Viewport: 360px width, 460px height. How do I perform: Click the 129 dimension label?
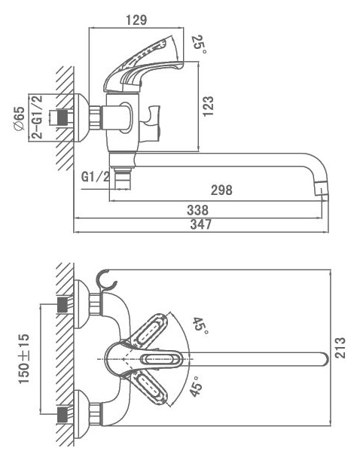pos(136,20)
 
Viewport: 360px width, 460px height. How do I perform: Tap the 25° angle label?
pos(199,44)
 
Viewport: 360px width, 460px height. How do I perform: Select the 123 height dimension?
pos(208,106)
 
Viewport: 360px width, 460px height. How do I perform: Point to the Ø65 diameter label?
pos(19,118)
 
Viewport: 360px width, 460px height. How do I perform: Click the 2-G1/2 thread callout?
pos(37,117)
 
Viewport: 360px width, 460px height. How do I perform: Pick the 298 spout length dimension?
pos(221,190)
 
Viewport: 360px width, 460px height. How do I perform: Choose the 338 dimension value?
pos(198,210)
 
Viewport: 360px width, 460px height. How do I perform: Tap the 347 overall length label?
pos(200,224)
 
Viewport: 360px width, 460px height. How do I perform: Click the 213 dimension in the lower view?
pos(340,348)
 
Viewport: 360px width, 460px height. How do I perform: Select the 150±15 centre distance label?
pos(24,358)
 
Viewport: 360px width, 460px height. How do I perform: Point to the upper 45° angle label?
pos(201,326)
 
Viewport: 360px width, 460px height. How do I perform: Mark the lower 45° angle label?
pos(196,386)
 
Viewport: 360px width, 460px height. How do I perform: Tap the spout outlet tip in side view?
pos(322,189)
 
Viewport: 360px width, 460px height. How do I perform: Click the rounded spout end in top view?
pos(323,359)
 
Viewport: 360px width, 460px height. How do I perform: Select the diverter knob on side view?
pos(150,123)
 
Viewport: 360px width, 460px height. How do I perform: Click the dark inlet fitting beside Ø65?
pos(63,117)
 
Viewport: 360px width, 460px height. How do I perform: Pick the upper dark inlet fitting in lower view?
pos(63,304)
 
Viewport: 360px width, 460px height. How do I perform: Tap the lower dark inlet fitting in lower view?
pos(63,414)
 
